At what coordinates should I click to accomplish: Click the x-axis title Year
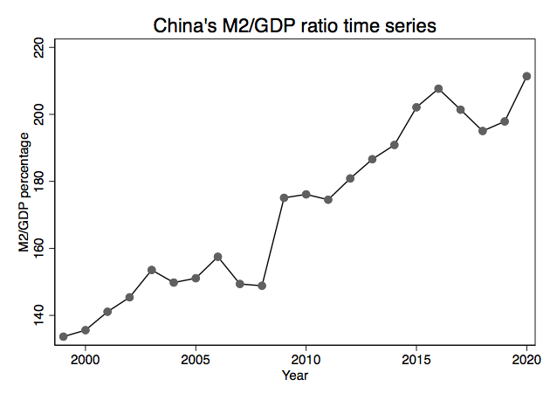click(x=294, y=376)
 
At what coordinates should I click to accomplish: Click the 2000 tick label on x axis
click(x=86, y=360)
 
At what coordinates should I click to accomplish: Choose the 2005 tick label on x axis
click(x=196, y=360)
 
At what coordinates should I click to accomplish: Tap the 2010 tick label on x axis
click(x=306, y=360)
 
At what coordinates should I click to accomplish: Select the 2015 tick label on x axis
click(x=416, y=360)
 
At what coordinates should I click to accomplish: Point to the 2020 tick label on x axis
click(x=526, y=360)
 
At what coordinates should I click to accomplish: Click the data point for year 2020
click(x=526, y=76)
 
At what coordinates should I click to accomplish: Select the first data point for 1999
click(x=64, y=336)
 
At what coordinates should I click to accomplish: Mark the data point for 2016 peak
click(x=438, y=88)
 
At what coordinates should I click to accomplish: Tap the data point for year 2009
click(x=284, y=197)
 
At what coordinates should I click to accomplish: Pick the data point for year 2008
click(x=262, y=286)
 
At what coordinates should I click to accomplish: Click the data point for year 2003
click(x=152, y=270)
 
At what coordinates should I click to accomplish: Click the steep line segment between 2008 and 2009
click(x=273, y=241)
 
